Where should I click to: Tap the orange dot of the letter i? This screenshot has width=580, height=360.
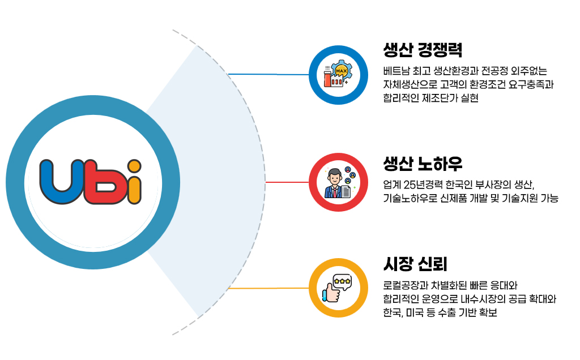[x=134, y=166]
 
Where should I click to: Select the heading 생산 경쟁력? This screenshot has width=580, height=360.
[x=423, y=49]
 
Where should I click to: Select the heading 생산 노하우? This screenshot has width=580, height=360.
[x=423, y=164]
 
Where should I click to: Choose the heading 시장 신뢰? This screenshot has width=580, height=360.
[x=415, y=264]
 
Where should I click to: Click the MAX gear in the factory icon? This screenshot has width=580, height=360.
[x=342, y=70]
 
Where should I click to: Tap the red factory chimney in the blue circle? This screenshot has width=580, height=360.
[x=327, y=78]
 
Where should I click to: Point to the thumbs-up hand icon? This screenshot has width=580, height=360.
[x=331, y=293]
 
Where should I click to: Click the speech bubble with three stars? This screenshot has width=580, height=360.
[x=342, y=282]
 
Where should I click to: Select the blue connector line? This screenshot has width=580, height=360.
[x=269, y=74]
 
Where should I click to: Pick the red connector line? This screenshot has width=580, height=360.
[x=287, y=182]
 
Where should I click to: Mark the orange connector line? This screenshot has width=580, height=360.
[x=269, y=288]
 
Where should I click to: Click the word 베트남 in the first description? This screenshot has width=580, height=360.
[x=394, y=70]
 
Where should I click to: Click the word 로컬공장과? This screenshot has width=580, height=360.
[x=406, y=285]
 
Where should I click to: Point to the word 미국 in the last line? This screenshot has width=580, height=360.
[x=415, y=312]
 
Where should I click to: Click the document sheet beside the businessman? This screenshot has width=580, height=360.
[x=346, y=192]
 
